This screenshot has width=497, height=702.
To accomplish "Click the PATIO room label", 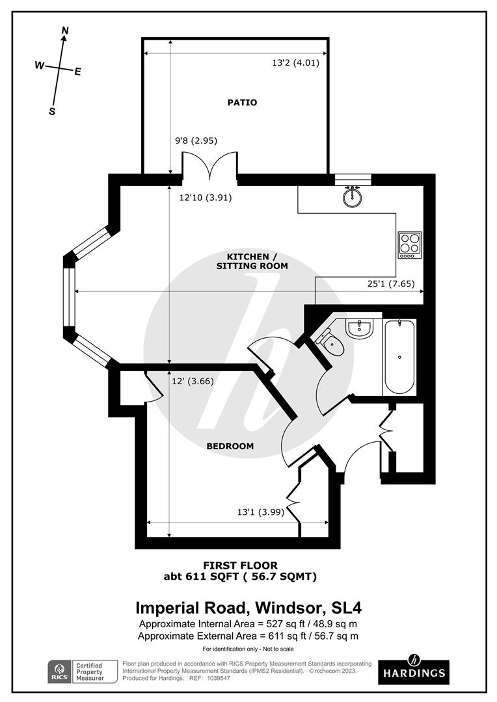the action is coord(242,103).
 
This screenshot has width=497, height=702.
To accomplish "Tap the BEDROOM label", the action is coord(230,446).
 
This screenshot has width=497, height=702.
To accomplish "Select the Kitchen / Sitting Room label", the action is coord(252,261).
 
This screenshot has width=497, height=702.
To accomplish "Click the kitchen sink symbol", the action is coord(351,194).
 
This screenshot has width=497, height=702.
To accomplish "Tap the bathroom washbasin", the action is coord(359,329).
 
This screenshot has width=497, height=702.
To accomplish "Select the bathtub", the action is coord(398,357).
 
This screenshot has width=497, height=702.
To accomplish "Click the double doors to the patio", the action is coord(209,166).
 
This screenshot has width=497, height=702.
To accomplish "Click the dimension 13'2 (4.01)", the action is coord(295,63).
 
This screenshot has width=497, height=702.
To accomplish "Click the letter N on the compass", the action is coord(64,31).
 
